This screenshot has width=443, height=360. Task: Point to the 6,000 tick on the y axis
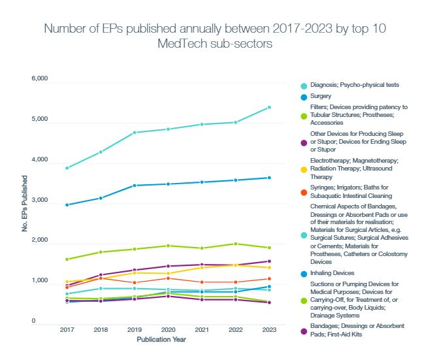pyautogui.click(x=40, y=79)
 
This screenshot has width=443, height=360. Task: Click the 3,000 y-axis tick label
pyautogui.click(x=40, y=201)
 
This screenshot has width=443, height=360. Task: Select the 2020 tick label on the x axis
pyautogui.click(x=168, y=331)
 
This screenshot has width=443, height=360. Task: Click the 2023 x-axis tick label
pyautogui.click(x=269, y=331)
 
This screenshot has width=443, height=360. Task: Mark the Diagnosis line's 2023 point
pyautogui.click(x=269, y=107)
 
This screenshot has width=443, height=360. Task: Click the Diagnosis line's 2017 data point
pyautogui.click(x=67, y=168)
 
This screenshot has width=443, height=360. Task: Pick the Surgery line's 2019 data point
pyautogui.click(x=135, y=186)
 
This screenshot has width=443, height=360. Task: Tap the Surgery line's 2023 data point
pyautogui.click(x=269, y=178)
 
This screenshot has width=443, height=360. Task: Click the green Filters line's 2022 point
pyautogui.click(x=235, y=244)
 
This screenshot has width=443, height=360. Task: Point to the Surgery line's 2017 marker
pyautogui.click(x=67, y=205)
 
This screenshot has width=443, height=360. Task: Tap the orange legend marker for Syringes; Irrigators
pyautogui.click(x=303, y=191)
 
